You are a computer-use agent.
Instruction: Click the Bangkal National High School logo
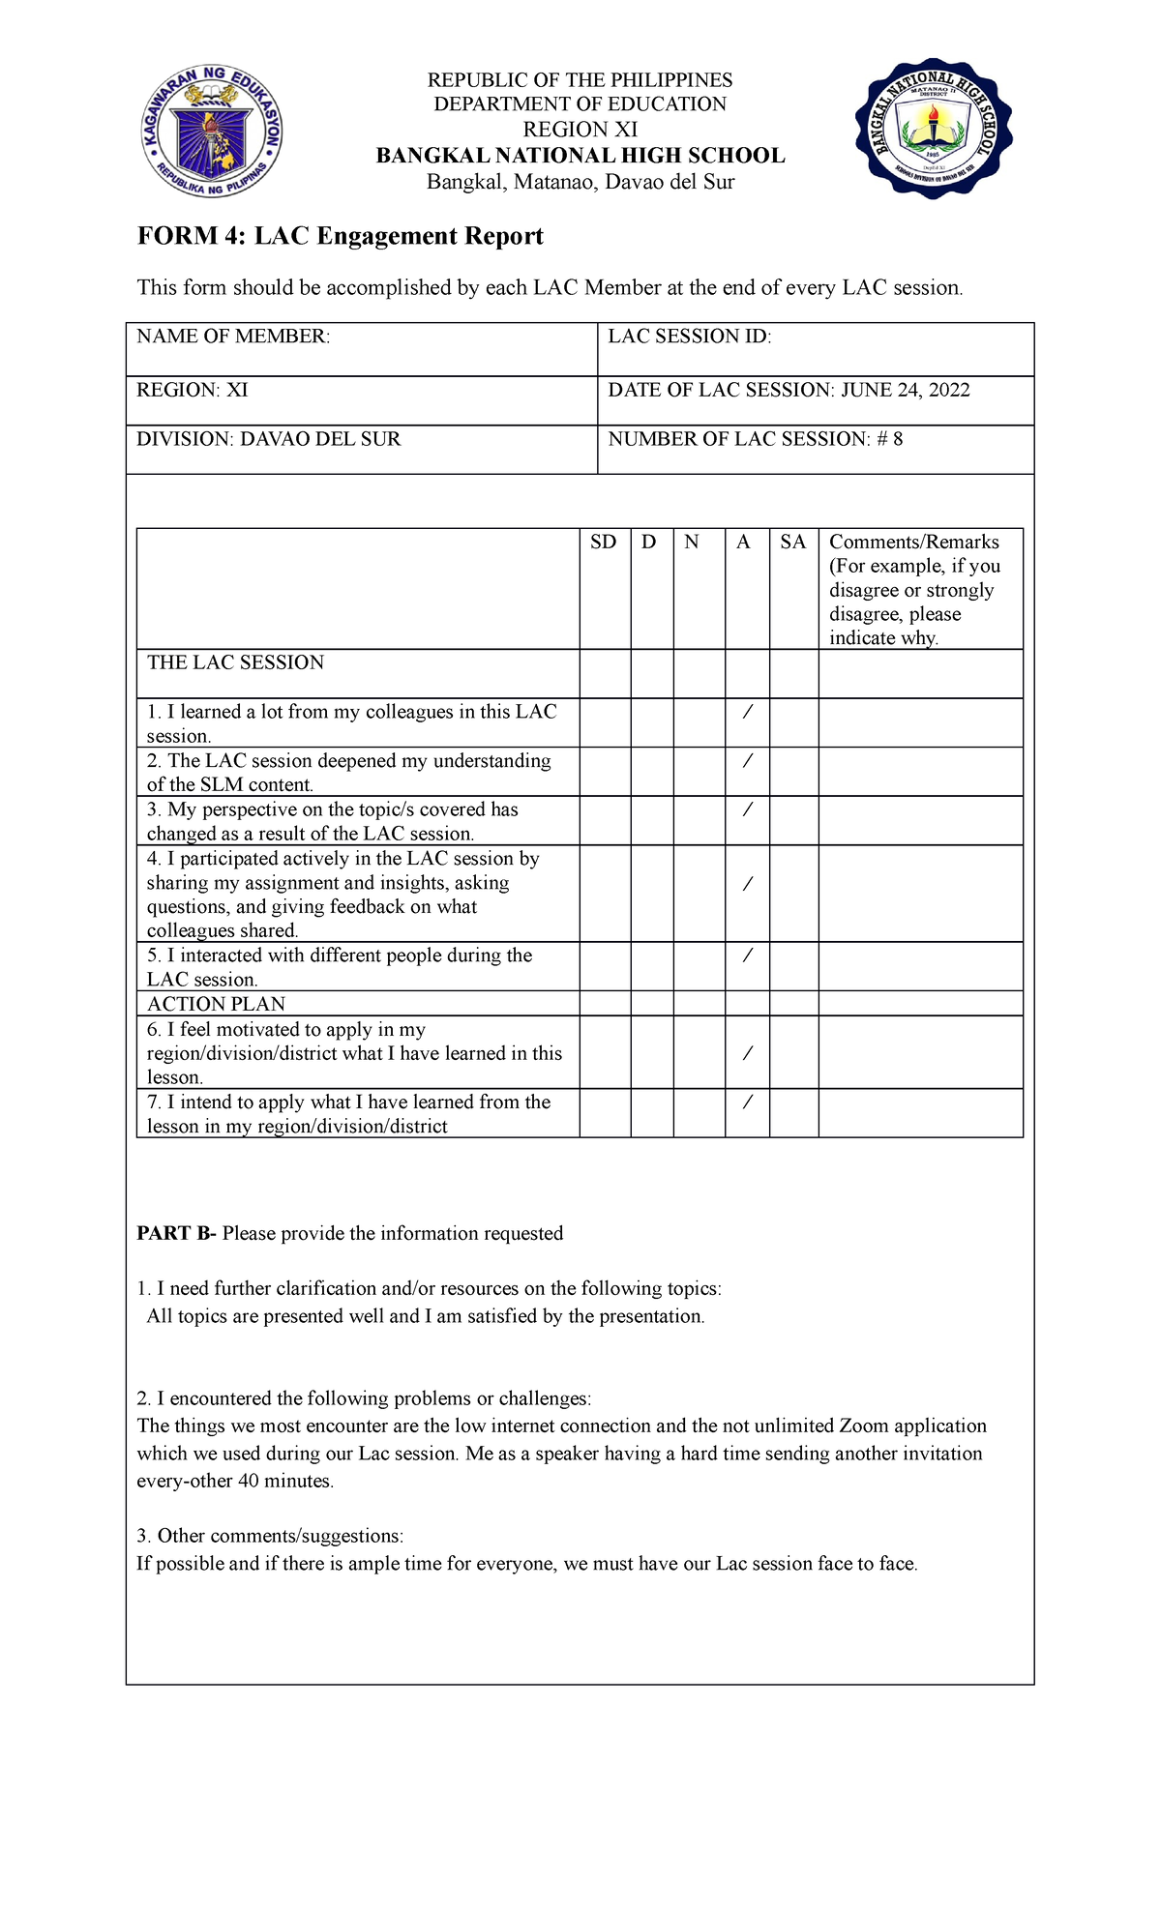tap(934, 128)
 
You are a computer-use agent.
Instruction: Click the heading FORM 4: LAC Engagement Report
tap(340, 236)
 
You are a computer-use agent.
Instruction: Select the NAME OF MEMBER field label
tap(233, 337)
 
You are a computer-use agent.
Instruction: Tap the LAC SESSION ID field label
tap(689, 337)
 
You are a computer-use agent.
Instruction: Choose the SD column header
tap(603, 542)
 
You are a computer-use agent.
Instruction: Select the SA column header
tap(792, 542)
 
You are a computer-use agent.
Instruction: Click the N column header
tap(691, 542)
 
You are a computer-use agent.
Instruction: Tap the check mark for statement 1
tap(746, 713)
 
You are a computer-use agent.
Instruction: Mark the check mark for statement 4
tap(746, 883)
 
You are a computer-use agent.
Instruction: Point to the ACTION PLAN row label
tap(216, 1004)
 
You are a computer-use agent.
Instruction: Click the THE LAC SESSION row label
tap(235, 662)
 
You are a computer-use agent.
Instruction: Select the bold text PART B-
tap(176, 1233)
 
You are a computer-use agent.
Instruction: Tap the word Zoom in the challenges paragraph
tap(863, 1426)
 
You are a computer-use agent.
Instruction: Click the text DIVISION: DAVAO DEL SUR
tap(268, 439)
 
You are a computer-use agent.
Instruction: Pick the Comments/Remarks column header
tap(913, 542)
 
